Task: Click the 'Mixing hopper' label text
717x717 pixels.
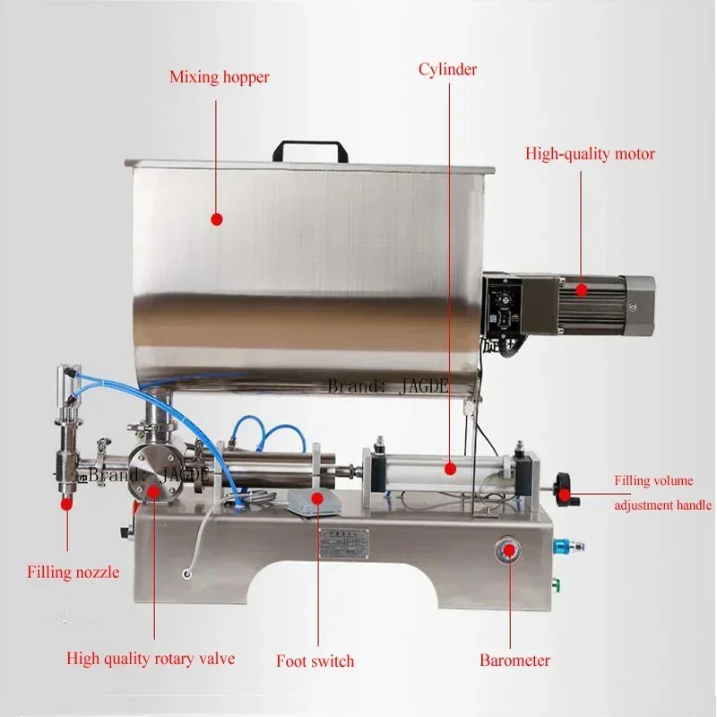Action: (x=219, y=77)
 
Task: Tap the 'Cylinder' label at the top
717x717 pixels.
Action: (x=446, y=69)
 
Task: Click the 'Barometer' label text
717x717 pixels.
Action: (x=514, y=661)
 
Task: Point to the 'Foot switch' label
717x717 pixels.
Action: (x=315, y=661)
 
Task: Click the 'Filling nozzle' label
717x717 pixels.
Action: (x=73, y=572)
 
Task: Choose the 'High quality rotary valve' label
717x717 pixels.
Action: (x=151, y=659)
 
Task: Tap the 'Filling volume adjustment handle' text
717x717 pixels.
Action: (x=662, y=493)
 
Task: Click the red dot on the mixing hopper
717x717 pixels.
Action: (x=215, y=219)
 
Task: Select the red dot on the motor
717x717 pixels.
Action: (x=582, y=289)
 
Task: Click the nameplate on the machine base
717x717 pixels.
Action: (x=345, y=540)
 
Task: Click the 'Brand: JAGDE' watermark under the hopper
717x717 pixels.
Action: (x=389, y=387)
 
